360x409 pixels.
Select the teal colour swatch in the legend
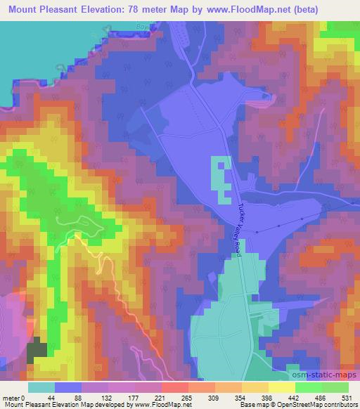point(41,387)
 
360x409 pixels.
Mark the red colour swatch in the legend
point(174,387)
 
